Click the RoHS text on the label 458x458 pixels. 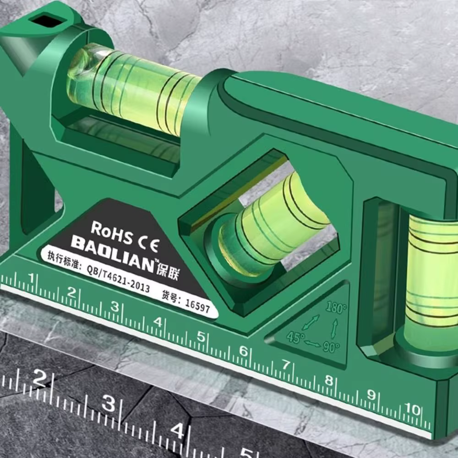tap(112, 233)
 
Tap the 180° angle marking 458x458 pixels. tap(336, 307)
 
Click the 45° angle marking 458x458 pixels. tap(295, 338)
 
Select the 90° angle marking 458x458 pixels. tap(331, 347)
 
